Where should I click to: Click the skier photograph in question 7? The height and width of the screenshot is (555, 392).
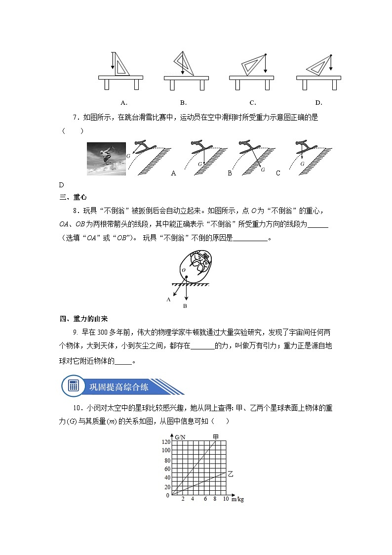(107, 159)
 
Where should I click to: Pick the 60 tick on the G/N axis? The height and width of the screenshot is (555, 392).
(166, 469)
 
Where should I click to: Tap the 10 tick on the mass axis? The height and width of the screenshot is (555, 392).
(226, 499)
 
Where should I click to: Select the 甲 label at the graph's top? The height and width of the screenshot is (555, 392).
(216, 436)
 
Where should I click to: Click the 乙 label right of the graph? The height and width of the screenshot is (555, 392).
(230, 473)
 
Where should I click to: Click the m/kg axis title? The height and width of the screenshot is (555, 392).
(237, 500)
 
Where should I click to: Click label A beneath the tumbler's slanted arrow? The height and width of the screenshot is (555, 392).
(168, 299)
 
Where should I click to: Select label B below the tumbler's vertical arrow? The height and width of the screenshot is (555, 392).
(185, 306)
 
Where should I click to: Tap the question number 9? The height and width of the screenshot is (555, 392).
(75, 332)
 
